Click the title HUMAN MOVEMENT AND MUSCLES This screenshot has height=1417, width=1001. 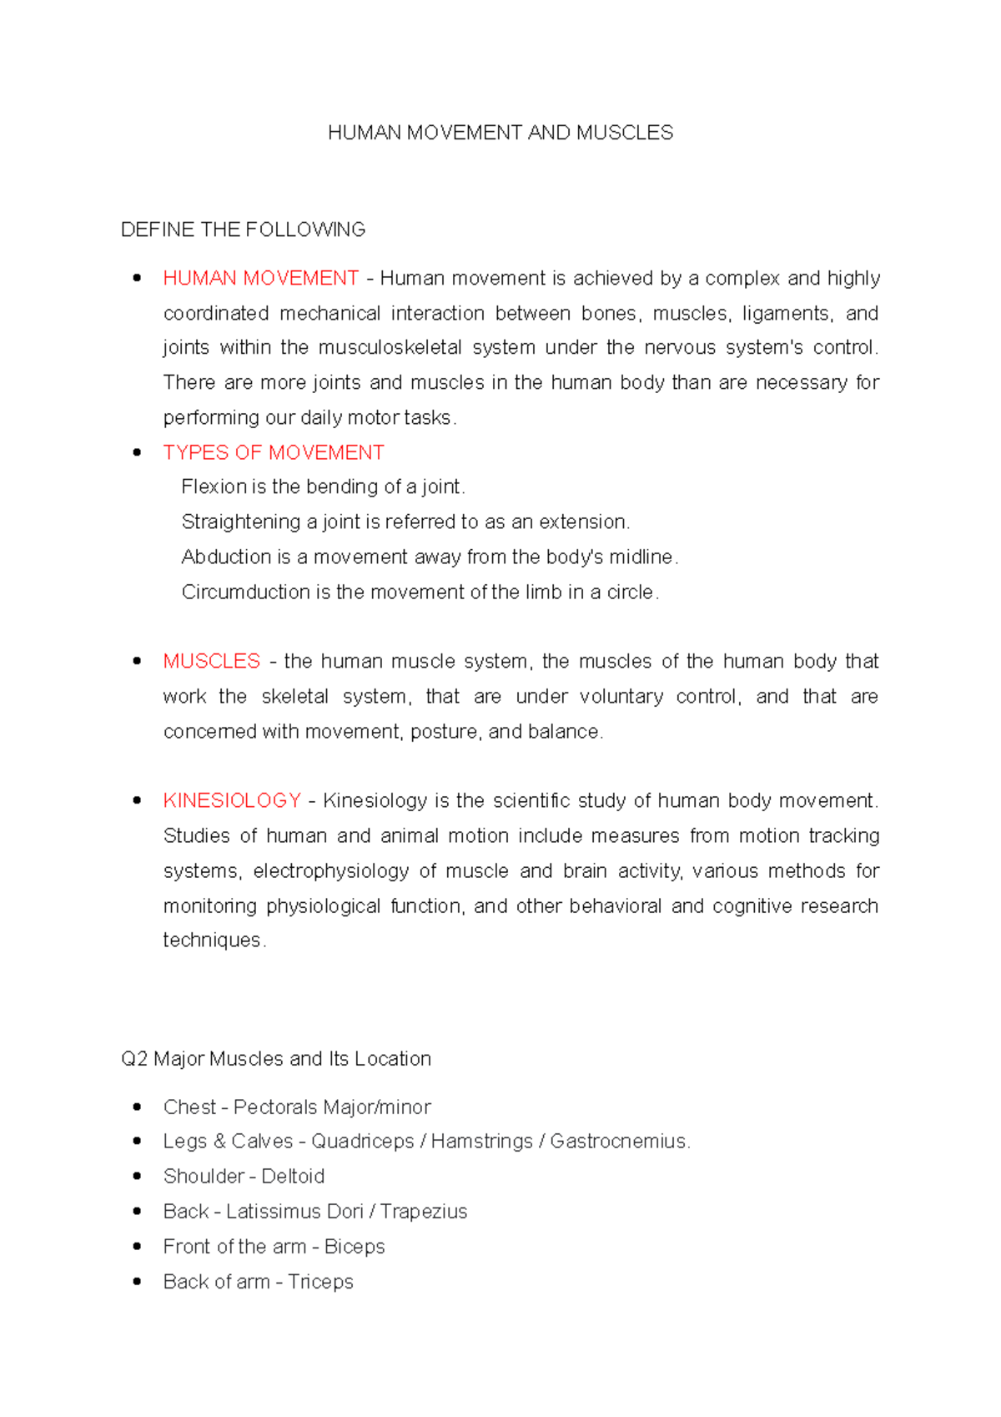(500, 133)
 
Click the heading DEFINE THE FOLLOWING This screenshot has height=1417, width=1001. (243, 229)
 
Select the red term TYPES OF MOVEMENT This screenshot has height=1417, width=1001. (274, 452)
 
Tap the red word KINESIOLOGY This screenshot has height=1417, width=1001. (232, 800)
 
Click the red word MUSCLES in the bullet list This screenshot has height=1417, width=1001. (212, 661)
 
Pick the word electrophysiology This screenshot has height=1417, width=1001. (330, 870)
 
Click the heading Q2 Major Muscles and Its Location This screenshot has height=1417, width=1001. (276, 1058)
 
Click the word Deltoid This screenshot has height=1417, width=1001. (293, 1176)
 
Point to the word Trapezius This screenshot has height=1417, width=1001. (424, 1211)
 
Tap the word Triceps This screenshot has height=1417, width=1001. (320, 1281)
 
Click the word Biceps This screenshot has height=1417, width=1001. (355, 1246)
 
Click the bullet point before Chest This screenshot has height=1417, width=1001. (138, 1107)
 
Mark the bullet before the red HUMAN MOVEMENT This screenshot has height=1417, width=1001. (138, 278)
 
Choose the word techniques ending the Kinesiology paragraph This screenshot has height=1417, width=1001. (212, 940)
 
